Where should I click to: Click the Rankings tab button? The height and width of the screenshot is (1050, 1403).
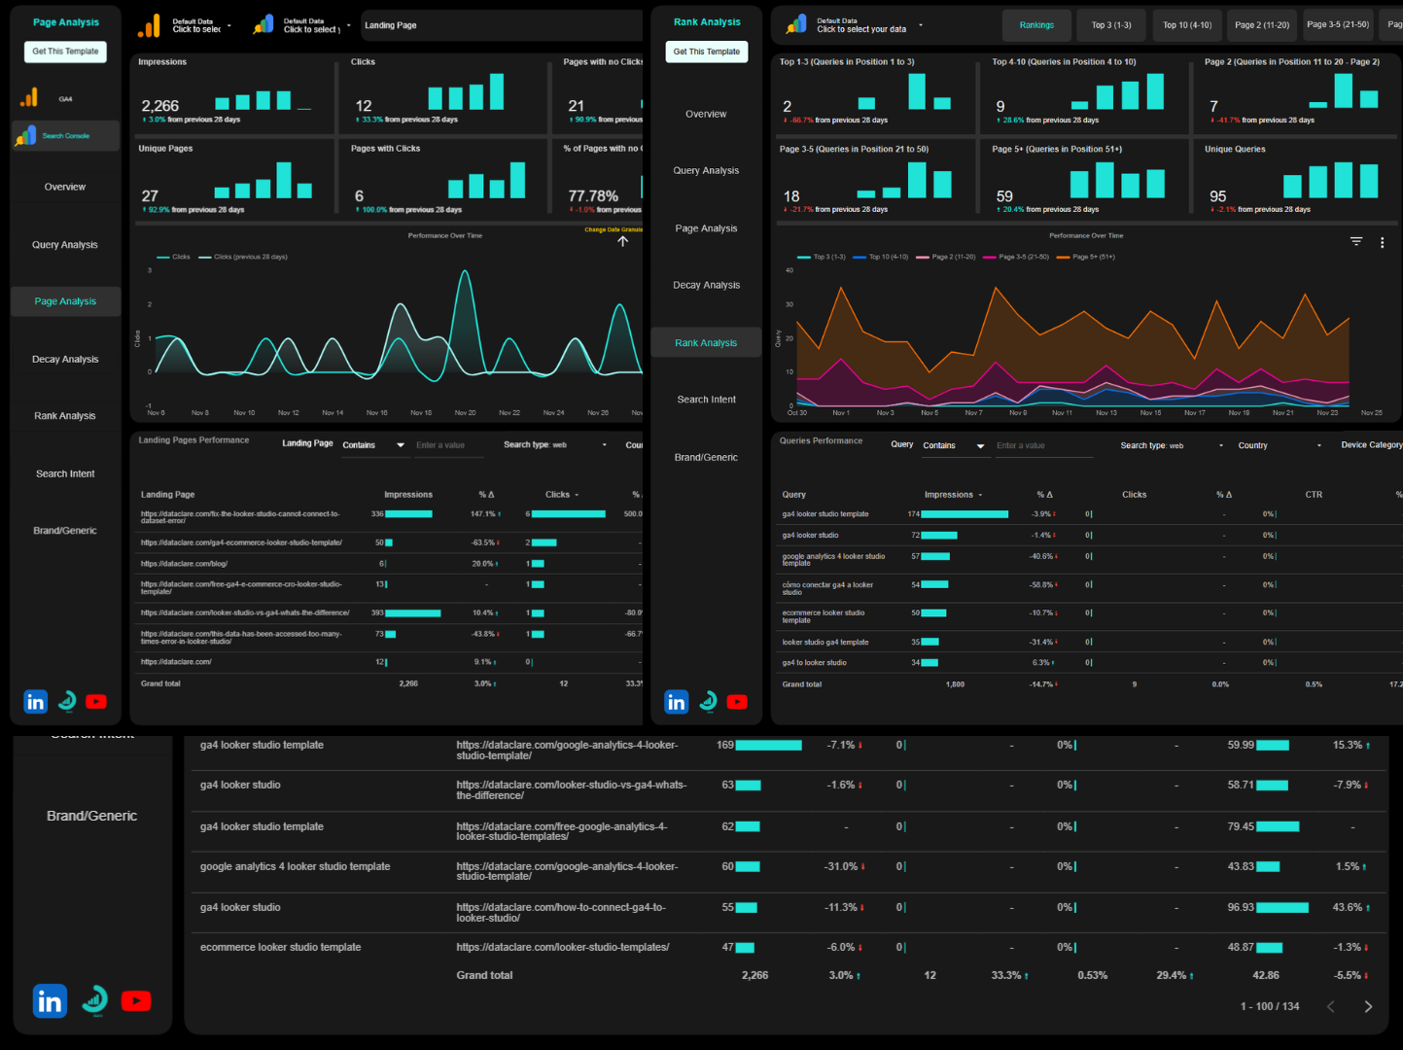[x=1036, y=25]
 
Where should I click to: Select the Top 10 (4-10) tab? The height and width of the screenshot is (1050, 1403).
[x=1187, y=25]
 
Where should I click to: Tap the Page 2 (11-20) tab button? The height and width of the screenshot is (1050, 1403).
[x=1262, y=25]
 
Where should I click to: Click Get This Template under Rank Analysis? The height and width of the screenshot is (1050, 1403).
[x=706, y=52]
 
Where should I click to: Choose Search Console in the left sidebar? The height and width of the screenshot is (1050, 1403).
[x=65, y=136]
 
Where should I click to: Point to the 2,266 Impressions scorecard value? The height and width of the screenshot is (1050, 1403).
[x=160, y=106]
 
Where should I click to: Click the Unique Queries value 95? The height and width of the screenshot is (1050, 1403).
[x=1217, y=196]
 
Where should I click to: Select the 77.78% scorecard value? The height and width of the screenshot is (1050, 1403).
[x=593, y=196]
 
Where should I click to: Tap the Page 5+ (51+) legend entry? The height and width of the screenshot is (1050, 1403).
[x=1093, y=258]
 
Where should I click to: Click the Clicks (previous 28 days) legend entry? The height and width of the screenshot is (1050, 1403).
[x=250, y=258]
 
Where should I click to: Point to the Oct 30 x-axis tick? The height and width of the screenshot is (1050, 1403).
[x=796, y=413]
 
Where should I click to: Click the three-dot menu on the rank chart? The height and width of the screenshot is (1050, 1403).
[x=1382, y=243]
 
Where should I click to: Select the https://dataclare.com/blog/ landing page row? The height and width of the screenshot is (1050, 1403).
[x=184, y=564]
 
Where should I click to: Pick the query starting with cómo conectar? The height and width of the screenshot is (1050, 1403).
[x=827, y=588]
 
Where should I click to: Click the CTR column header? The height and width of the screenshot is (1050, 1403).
[x=1314, y=495]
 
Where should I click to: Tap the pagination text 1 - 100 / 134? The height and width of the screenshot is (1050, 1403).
[x=1269, y=1006]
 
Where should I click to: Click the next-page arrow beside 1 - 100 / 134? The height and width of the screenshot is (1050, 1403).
[x=1368, y=1006]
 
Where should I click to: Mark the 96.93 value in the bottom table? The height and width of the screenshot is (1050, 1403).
[x=1241, y=907]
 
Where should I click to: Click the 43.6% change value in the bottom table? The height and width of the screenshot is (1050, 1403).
[x=1348, y=907]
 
